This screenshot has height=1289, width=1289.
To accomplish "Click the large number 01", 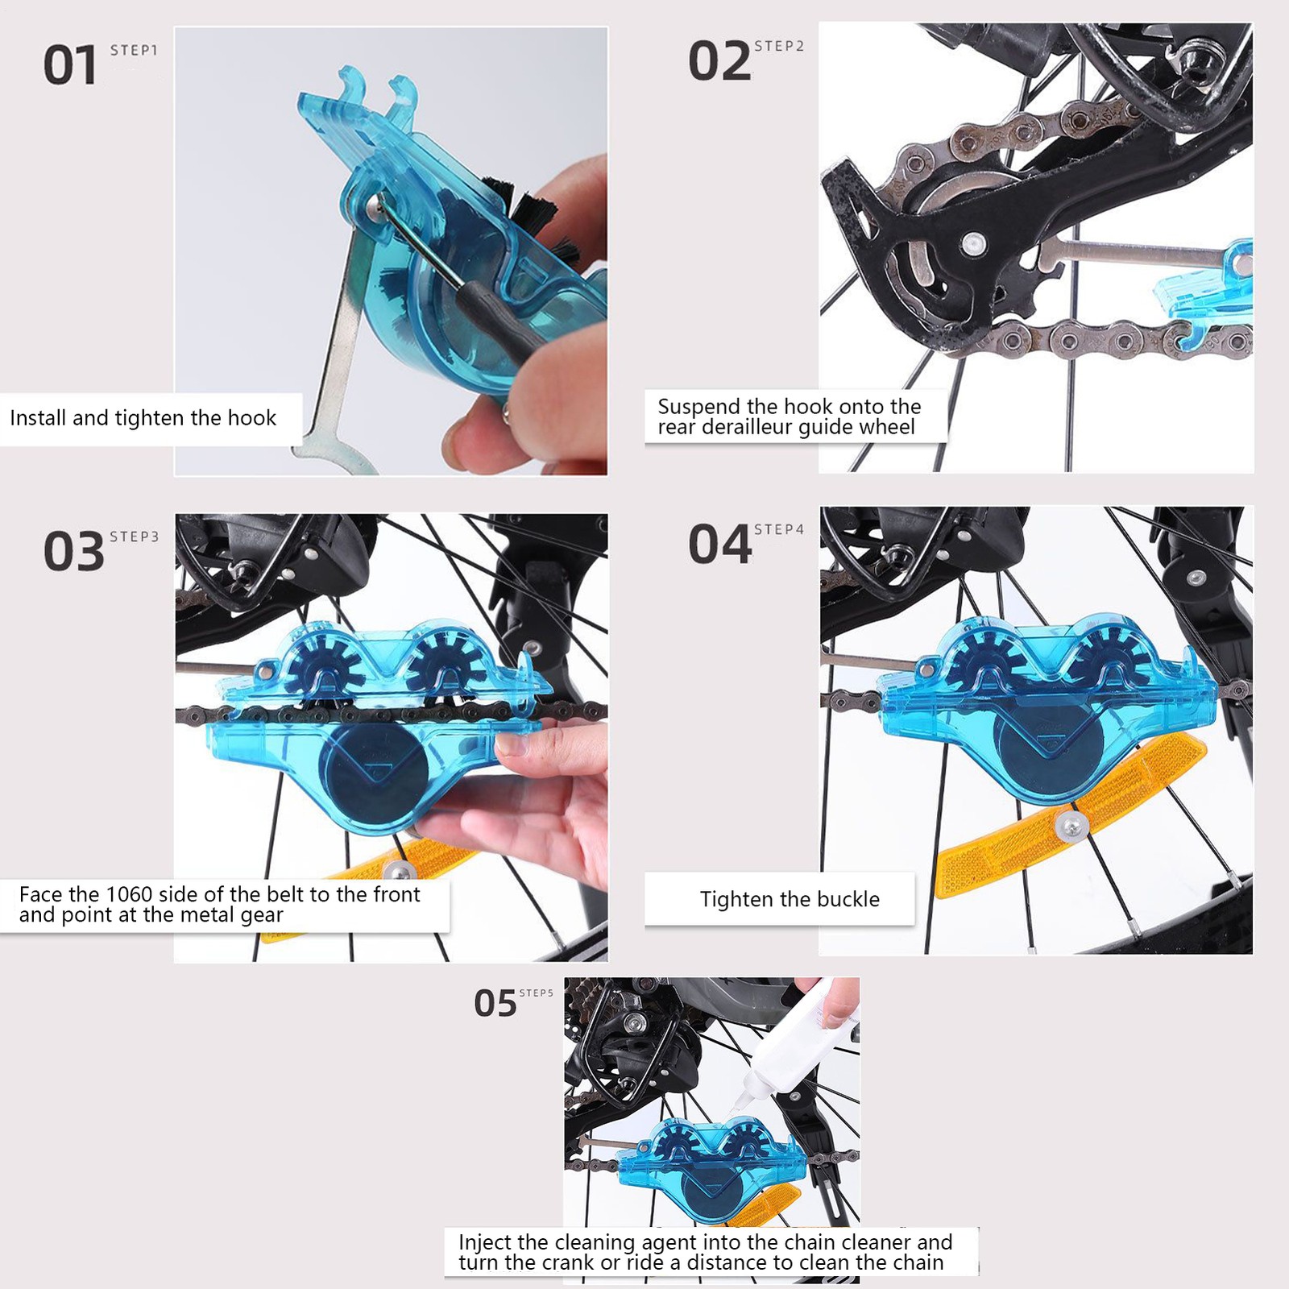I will [70, 65].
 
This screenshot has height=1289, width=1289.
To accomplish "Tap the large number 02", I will [719, 61].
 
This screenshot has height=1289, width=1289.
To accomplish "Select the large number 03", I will [73, 552].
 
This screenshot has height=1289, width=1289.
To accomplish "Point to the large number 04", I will [719, 545].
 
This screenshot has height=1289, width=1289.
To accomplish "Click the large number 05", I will [495, 1004].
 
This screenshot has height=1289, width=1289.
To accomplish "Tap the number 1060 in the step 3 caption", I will [130, 894].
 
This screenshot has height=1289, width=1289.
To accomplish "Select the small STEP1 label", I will [134, 50].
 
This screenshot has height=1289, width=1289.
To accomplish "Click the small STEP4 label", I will [779, 529].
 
